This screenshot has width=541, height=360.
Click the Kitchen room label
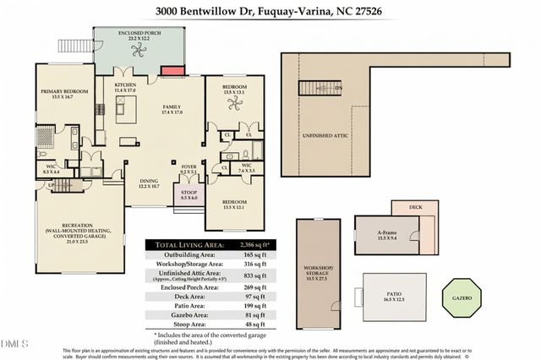[x=125, y=88]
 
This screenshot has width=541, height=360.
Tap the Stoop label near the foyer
[x=189, y=194]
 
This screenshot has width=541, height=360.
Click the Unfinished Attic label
[x=323, y=134]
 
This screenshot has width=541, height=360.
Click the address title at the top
[x=270, y=12]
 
